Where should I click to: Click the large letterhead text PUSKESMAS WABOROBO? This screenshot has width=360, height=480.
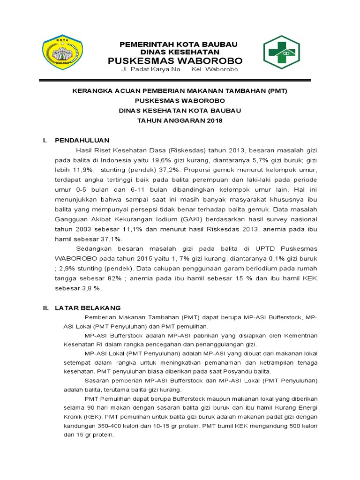176,61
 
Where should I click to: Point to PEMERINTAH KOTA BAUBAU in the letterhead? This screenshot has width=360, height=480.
179,44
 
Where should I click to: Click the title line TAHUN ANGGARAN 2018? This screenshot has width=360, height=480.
180,120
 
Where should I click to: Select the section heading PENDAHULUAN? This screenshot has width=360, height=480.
82,140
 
